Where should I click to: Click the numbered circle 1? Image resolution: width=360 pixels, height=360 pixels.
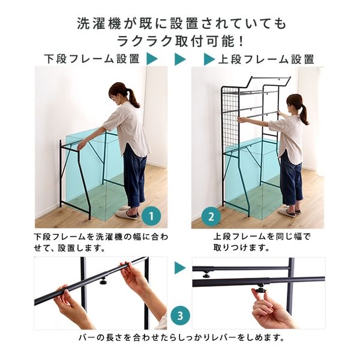click(152, 215)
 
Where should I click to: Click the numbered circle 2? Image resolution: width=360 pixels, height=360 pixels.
click(210, 215)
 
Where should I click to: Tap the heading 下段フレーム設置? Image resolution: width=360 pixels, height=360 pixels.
click(92, 59)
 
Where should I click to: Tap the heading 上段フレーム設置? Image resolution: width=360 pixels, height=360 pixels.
click(266, 59)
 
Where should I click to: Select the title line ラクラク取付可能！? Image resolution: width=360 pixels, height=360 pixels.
click(180, 41)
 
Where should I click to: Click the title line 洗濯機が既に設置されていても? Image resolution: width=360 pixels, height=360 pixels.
click(180, 24)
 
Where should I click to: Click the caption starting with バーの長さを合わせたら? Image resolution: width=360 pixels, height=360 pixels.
click(180, 337)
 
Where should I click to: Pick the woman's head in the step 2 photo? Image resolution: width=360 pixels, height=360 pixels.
click(294, 102)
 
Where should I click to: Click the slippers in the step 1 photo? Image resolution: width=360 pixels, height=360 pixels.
click(127, 213)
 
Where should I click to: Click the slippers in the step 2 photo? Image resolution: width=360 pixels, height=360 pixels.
click(289, 211)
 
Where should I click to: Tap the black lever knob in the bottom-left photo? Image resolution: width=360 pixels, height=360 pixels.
click(103, 280)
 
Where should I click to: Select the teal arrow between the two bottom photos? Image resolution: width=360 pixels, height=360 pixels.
click(179, 268)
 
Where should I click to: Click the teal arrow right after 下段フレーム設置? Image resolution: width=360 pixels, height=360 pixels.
click(152, 59)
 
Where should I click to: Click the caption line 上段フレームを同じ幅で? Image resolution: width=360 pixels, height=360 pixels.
click(262, 236)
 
